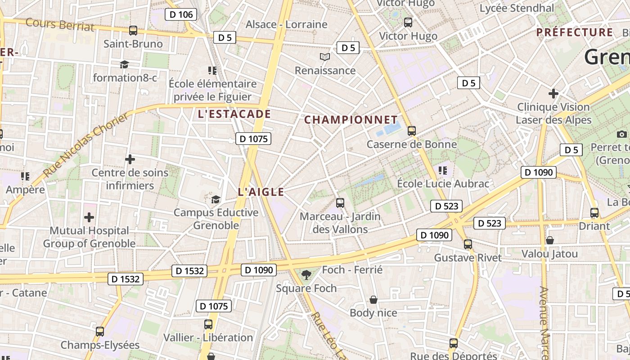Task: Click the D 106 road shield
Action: (181, 14)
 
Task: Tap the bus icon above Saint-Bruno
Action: (133, 31)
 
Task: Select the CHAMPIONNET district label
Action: (351, 120)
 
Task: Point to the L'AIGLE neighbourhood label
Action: (261, 192)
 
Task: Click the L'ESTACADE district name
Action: (234, 114)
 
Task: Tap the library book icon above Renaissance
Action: (325, 57)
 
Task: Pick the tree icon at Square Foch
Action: (306, 274)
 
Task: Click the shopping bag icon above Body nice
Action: (373, 299)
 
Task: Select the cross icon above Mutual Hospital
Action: (89, 217)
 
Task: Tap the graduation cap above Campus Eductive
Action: (216, 199)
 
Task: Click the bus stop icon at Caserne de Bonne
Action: (411, 131)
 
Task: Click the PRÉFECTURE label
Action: (575, 32)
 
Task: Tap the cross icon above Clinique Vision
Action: (553, 94)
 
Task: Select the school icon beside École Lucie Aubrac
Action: (443, 170)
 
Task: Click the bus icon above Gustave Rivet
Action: (468, 244)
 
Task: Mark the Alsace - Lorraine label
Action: (286, 24)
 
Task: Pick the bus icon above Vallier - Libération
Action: (208, 324)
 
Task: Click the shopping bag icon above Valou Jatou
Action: (549, 240)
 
